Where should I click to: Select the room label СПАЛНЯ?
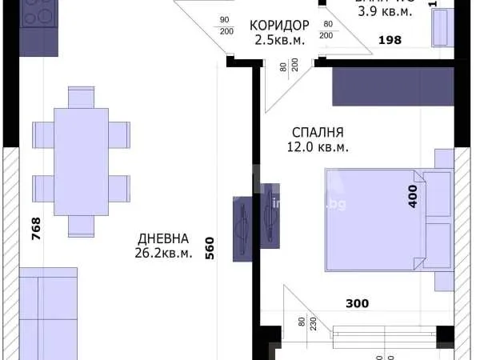pos(318,133)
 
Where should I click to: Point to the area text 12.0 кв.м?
pos(318,148)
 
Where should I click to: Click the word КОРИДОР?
pos(279,25)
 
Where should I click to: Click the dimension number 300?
pos(358,303)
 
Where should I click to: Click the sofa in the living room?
pos(48,316)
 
